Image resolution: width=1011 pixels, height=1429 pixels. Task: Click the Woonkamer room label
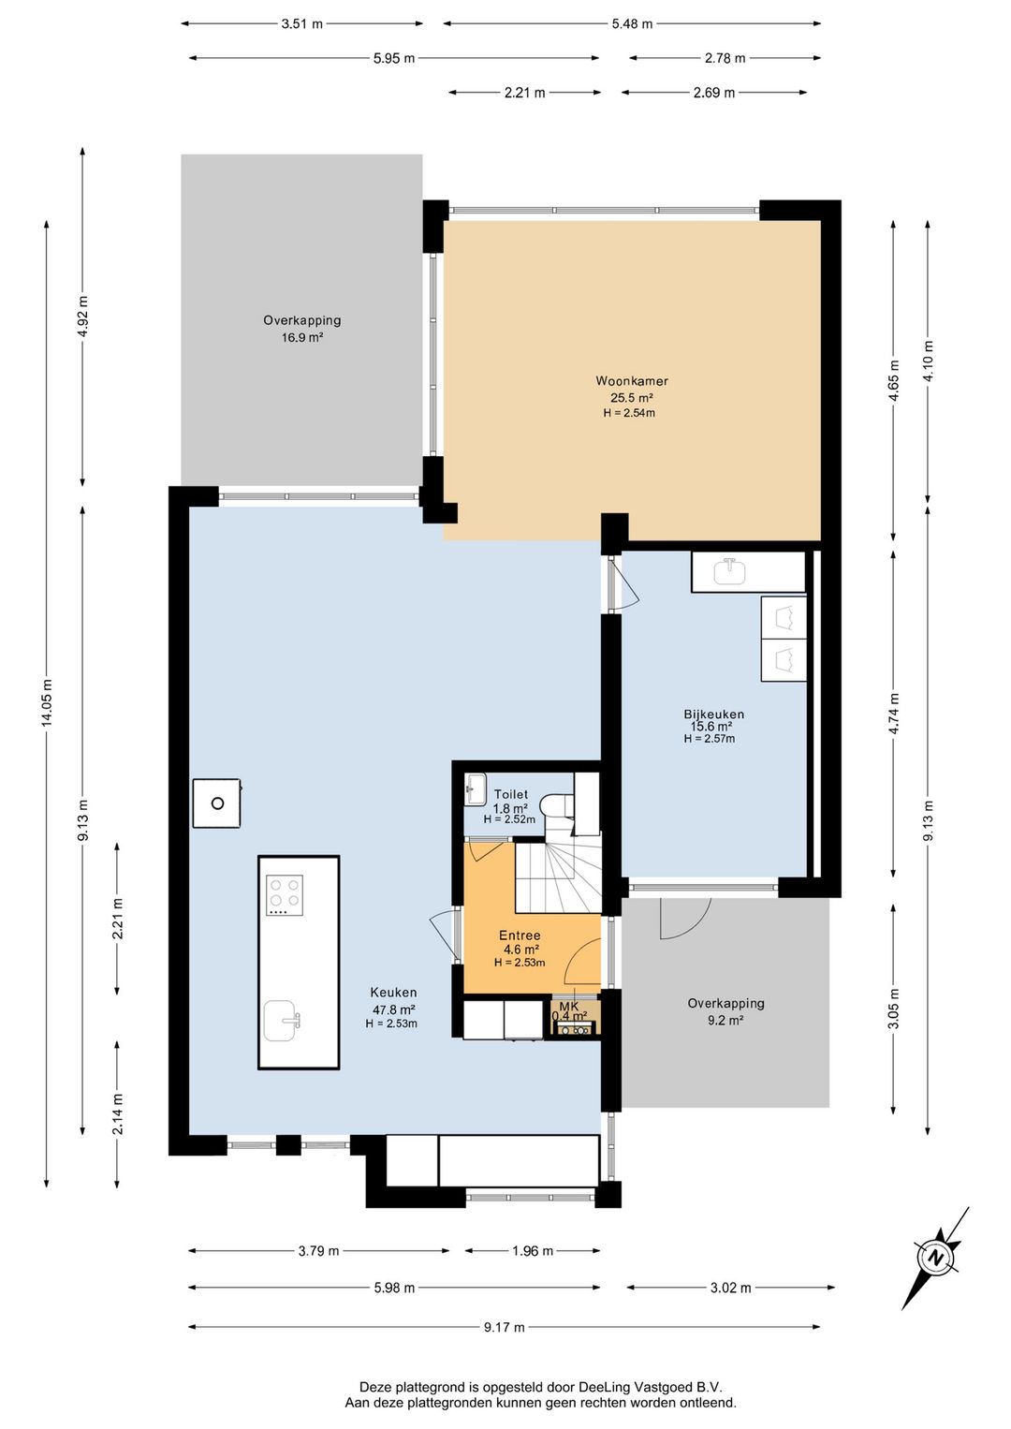click(x=632, y=381)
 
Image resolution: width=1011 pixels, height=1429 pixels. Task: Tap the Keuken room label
click(x=393, y=992)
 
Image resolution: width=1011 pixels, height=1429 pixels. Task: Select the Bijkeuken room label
click(x=713, y=714)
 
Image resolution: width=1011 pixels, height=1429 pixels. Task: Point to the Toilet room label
click(x=511, y=794)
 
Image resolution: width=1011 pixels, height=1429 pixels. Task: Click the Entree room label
click(x=520, y=935)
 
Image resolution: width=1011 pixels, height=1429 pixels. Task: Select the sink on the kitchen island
click(x=281, y=1021)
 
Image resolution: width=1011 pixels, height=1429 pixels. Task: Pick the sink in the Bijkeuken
click(x=729, y=570)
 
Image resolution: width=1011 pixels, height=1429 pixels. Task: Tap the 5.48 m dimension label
click(x=632, y=24)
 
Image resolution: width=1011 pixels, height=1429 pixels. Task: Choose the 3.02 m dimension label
click(x=730, y=1288)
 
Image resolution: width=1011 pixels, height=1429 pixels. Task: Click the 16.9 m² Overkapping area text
click(x=302, y=337)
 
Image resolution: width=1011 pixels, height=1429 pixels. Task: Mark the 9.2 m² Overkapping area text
click(x=725, y=1020)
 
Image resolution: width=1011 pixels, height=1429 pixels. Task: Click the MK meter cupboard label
click(x=568, y=1006)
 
